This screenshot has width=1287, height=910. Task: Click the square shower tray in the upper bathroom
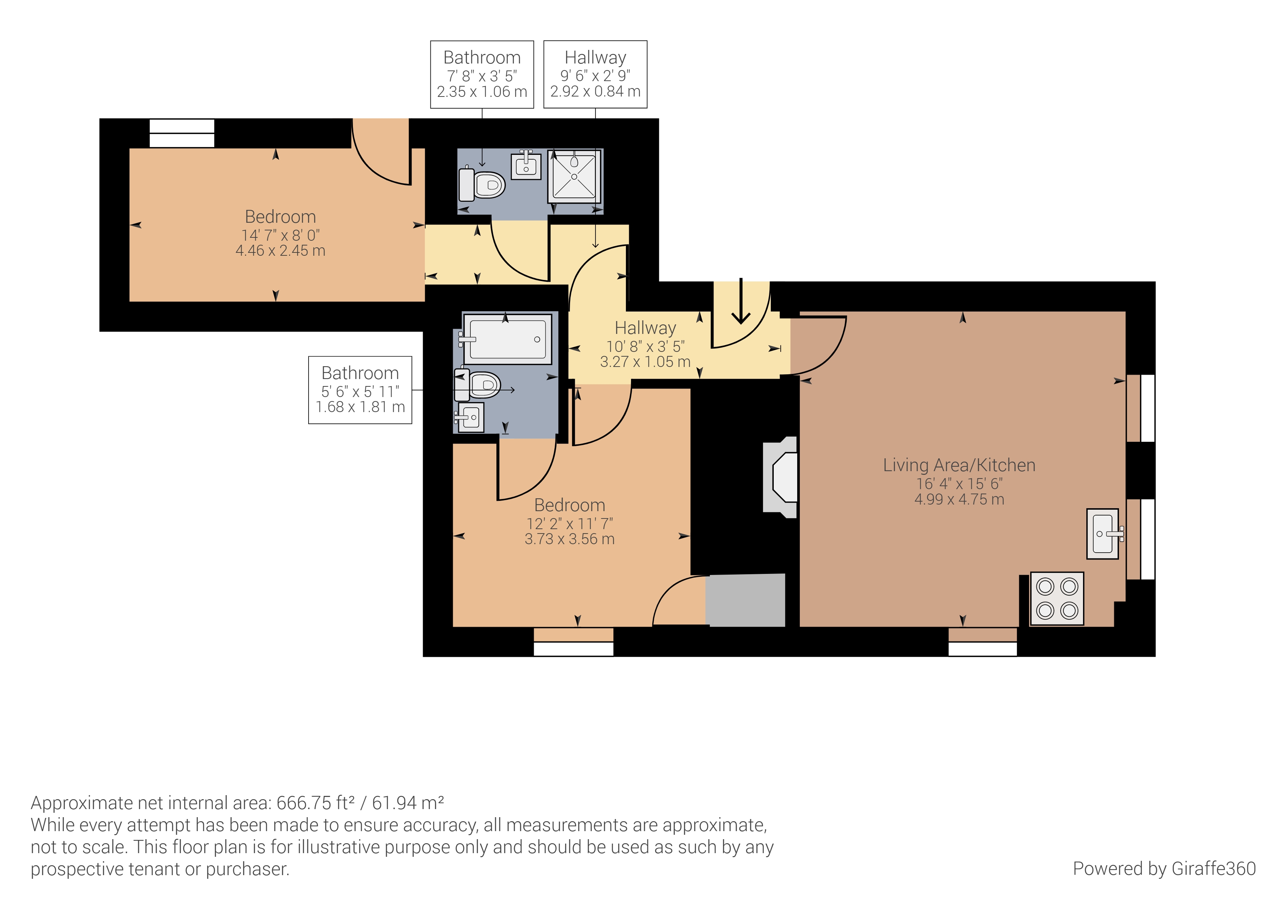coord(574,176)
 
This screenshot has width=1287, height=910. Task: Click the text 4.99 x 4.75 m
coord(959,499)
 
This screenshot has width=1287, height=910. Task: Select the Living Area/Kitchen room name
coord(959,465)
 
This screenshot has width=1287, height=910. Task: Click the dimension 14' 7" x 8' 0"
coord(280,235)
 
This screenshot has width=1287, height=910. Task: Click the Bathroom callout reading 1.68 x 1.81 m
coord(360,390)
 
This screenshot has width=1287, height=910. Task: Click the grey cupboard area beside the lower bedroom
coord(745,600)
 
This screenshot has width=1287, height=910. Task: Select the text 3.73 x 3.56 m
coord(569,539)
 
